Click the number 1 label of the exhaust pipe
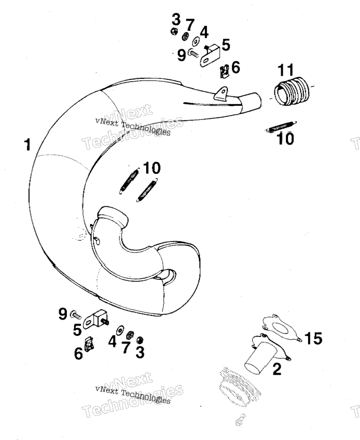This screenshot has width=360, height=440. [27, 145]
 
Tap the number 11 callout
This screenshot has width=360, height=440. [286, 70]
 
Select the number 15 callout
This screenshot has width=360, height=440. [313, 338]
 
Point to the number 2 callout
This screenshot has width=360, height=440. [277, 368]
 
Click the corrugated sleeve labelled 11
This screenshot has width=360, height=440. [291, 91]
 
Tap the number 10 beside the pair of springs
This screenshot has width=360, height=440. [151, 168]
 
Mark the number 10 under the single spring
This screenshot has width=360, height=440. [285, 138]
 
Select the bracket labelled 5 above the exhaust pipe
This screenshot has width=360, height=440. [209, 56]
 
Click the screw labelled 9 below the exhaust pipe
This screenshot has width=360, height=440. [75, 315]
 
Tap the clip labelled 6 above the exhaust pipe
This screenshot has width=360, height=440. [225, 72]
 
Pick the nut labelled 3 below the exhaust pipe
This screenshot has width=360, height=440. [139, 340]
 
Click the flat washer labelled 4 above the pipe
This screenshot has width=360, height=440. [196, 41]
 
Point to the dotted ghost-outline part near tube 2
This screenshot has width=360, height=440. [239, 386]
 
